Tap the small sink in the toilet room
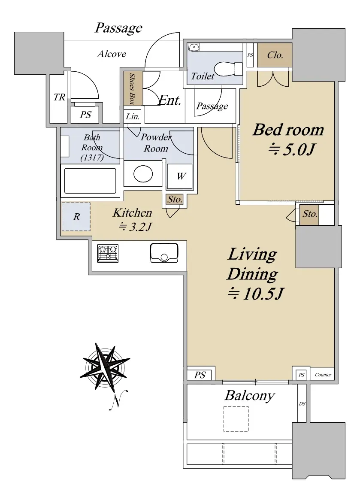tap(194, 47)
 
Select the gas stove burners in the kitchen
tap(108, 253)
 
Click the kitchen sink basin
tap(164, 253)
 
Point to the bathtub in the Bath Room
tap(90, 181)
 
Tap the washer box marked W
tap(180, 176)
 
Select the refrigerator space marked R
tap(76, 217)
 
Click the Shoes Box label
tap(132, 89)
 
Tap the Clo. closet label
tap(275, 55)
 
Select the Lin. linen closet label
tap(133, 116)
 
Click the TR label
tap(59, 97)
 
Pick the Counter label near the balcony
tap(323, 375)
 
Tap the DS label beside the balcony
tap(302, 404)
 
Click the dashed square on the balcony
tap(236, 419)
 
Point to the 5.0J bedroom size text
tap(292, 149)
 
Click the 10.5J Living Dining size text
tap(255, 294)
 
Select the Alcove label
tap(112, 54)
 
